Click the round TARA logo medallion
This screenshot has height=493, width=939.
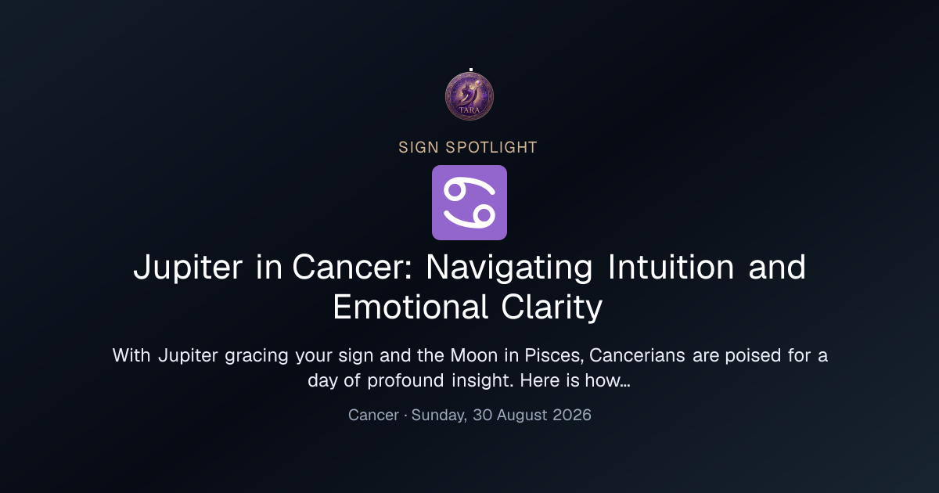coord(469,96)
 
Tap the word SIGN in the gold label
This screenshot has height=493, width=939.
coord(419,148)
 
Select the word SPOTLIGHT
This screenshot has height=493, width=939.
coord(491,148)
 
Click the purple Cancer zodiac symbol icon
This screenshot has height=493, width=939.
coord(469,203)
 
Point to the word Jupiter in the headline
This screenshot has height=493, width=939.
coord(188,268)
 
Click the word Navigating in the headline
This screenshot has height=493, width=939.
coord(509,268)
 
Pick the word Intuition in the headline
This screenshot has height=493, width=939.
coord(671,267)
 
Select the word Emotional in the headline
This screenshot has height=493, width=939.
coord(410,307)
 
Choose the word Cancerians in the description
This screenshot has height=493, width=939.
coord(637,355)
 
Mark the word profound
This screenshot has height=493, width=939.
coord(405,380)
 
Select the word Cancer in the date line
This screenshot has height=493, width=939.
coord(373,415)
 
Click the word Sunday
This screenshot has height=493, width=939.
coord(439,416)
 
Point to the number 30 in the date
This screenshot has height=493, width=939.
coord(483,415)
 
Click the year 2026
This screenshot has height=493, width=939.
coord(572,415)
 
